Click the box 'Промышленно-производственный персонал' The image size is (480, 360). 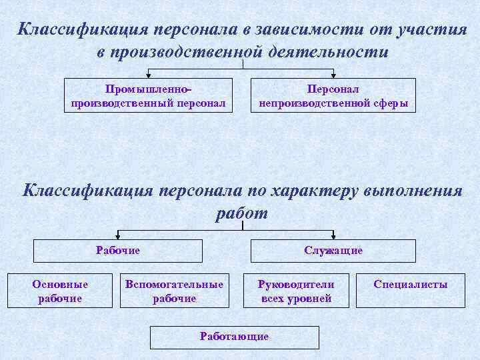tap(148, 95)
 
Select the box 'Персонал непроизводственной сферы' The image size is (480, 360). tap(333, 95)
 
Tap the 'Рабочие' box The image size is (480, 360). tap(118, 251)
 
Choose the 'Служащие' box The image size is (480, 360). tap(333, 251)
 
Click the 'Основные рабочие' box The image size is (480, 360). tap(60, 291)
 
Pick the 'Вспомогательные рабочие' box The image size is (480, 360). tap(174, 291)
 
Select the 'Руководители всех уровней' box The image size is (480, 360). tap(296, 291)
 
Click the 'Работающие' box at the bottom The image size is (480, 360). tap(234, 337)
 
